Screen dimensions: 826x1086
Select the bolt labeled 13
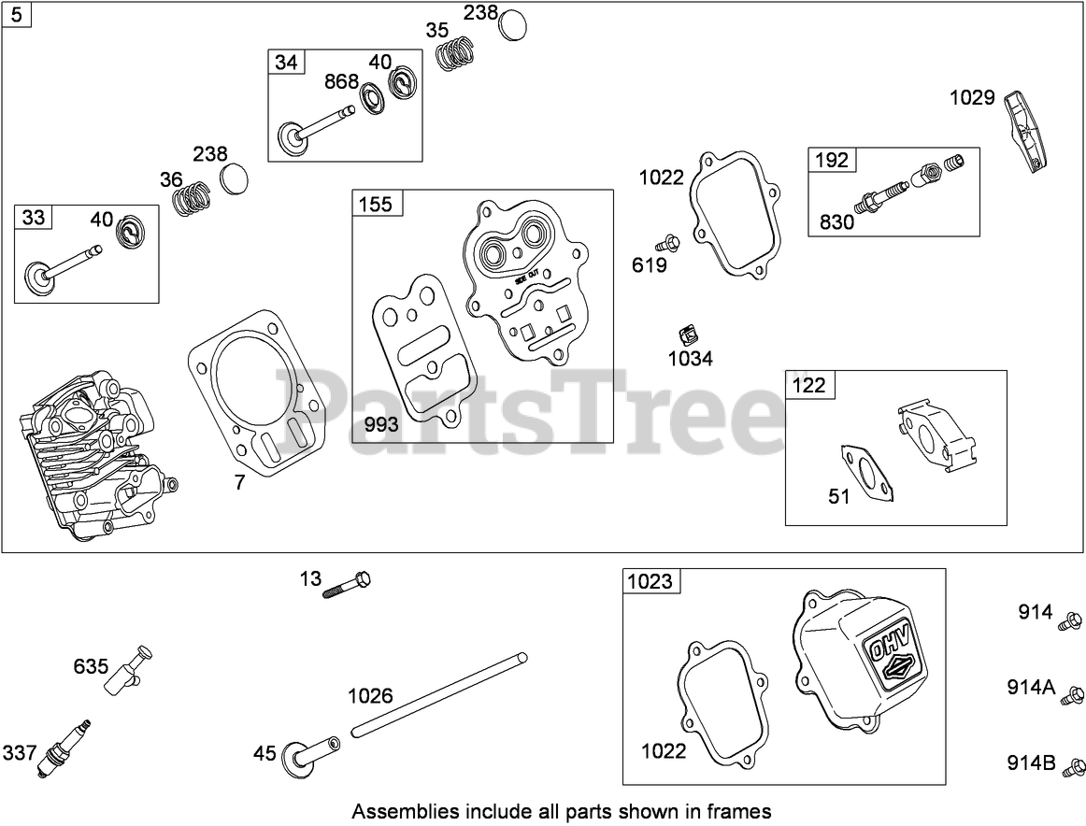pos(348,585)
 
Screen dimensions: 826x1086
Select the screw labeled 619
pos(666,245)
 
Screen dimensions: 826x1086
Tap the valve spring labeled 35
pos(455,54)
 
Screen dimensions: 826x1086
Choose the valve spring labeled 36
pos(193,197)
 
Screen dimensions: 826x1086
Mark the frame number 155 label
pos(376,204)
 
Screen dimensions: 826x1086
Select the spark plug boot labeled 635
pos(125,670)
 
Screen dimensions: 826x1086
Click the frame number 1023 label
pos(650,582)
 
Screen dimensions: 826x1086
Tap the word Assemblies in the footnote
pos(392,811)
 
